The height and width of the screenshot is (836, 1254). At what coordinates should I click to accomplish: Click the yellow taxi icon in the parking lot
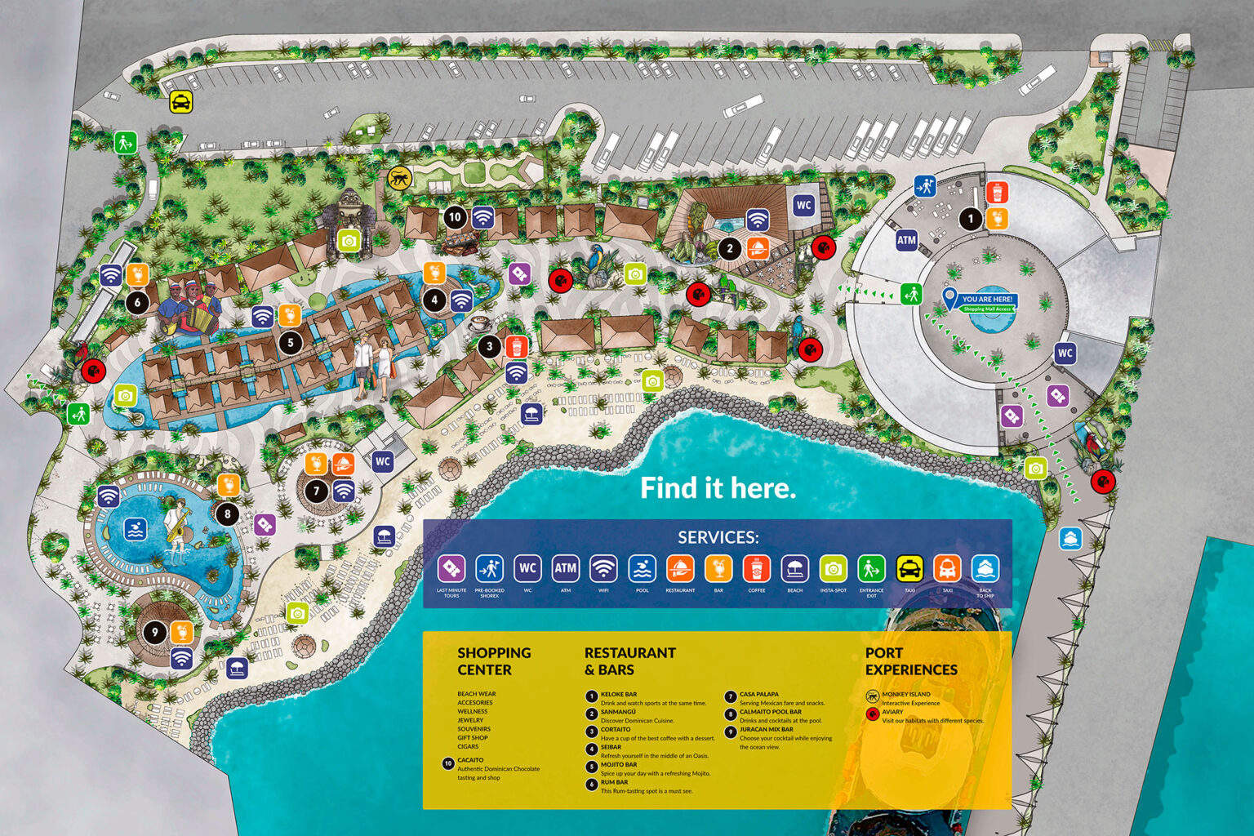coord(181,102)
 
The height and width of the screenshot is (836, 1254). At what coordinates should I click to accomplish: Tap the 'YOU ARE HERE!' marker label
coord(987,300)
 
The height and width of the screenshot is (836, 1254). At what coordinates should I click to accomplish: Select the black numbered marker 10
coord(455,217)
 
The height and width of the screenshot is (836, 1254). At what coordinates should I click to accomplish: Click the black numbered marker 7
coord(316,491)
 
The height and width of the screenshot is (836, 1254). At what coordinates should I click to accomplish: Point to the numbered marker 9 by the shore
coord(154,632)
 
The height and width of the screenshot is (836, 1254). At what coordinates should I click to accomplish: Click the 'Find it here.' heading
coord(717,488)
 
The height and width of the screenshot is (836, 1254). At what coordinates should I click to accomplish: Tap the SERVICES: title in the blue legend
coord(718,537)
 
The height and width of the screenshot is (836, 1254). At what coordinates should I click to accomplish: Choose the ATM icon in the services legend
coord(565,568)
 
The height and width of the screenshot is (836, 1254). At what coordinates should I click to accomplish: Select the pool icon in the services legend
coord(642,568)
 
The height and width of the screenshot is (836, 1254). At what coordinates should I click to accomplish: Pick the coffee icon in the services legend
coord(757,568)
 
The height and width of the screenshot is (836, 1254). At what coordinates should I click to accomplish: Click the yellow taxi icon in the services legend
coord(909,568)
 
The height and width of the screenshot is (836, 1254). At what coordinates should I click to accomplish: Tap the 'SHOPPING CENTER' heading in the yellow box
coord(493,661)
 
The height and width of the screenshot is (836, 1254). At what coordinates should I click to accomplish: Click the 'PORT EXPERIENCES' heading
coord(910,661)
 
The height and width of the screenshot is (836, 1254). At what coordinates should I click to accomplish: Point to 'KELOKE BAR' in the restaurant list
coord(618,694)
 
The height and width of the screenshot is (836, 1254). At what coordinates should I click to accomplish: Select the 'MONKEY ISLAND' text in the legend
coord(905,694)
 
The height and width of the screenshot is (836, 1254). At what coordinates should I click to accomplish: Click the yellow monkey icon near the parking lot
coord(399,178)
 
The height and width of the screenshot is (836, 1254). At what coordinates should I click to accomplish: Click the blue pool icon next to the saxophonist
coord(136,529)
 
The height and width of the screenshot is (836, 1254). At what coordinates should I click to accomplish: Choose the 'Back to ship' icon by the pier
coord(1070,539)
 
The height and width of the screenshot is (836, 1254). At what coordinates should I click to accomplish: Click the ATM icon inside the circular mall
coord(906,240)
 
